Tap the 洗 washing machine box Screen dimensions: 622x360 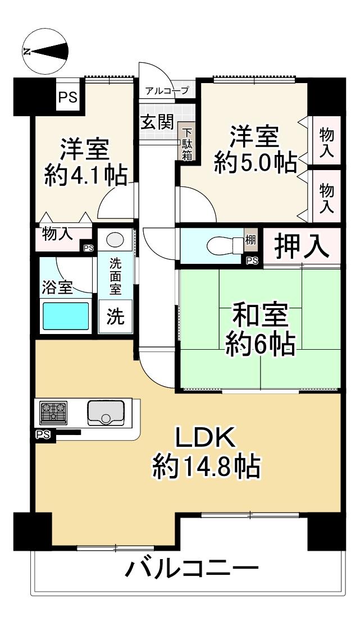(x=115, y=317)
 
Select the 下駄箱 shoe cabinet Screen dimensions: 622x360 (x=186, y=143)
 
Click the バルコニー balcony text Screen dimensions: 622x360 (x=192, y=570)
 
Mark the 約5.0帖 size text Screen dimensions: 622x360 (x=256, y=163)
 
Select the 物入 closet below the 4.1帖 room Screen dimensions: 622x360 (x=58, y=235)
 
